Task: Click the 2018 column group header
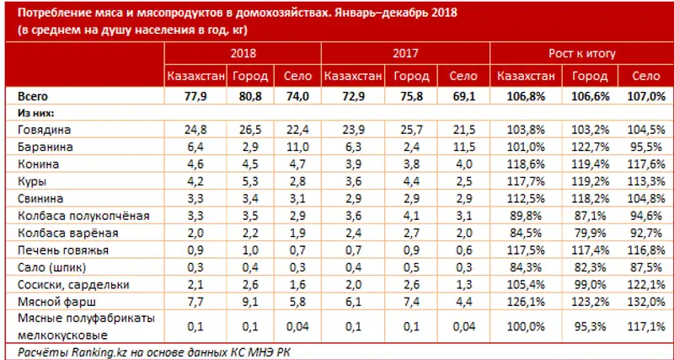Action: point(244,54)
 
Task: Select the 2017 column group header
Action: point(407,54)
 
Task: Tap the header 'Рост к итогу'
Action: point(580,54)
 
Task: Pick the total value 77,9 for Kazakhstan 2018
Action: point(195,96)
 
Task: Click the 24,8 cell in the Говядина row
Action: point(195,130)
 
